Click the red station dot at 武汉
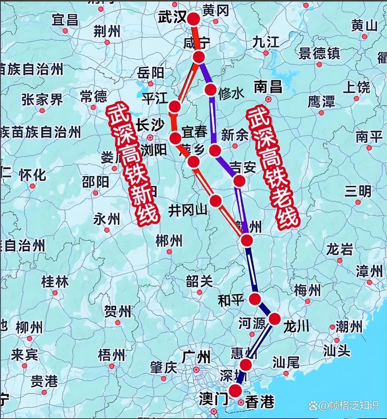193,19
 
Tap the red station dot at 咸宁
198,57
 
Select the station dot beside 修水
210,90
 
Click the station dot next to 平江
175,106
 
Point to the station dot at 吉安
239,181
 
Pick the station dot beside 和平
255,299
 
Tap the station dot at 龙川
274,319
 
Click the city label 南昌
268,87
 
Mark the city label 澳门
213,399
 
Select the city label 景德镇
320,53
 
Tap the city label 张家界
42,100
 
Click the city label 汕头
338,349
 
